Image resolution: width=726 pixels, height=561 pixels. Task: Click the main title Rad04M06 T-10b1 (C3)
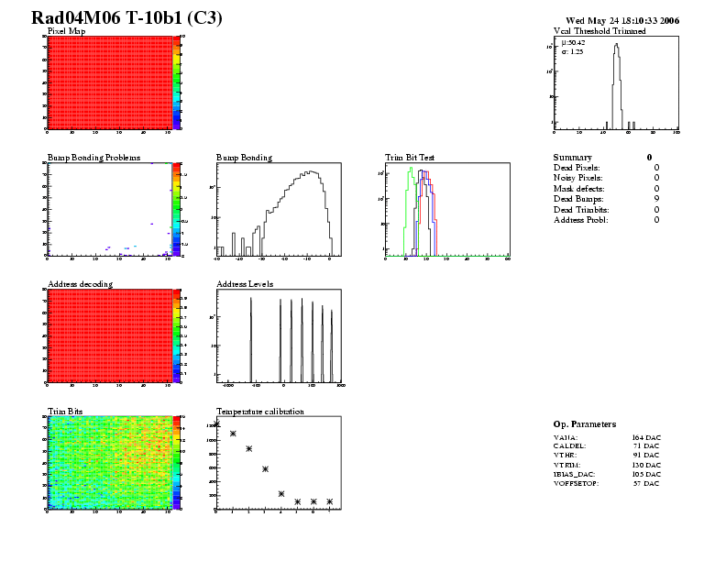[126, 18]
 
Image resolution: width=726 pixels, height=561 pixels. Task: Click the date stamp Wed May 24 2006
[622, 20]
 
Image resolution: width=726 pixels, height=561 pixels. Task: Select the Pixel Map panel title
[66, 31]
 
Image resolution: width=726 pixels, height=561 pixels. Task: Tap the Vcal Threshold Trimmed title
[599, 31]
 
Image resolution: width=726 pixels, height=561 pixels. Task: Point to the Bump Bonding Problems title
[93, 158]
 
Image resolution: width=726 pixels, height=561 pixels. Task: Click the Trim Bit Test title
[410, 158]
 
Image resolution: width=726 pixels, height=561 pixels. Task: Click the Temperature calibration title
[260, 412]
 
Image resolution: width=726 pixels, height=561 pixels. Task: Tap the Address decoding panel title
[80, 284]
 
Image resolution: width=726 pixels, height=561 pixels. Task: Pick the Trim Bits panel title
[65, 412]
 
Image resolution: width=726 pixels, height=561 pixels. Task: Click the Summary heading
[573, 158]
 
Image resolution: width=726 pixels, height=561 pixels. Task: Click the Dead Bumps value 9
[656, 199]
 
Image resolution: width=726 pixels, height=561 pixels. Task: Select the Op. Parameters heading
[585, 424]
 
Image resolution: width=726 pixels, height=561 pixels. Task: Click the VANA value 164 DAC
[645, 439]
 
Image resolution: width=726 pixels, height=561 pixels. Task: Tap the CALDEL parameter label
[570, 446]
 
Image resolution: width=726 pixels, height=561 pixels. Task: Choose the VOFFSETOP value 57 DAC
[645, 483]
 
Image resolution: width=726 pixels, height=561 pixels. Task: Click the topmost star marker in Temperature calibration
[217, 423]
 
